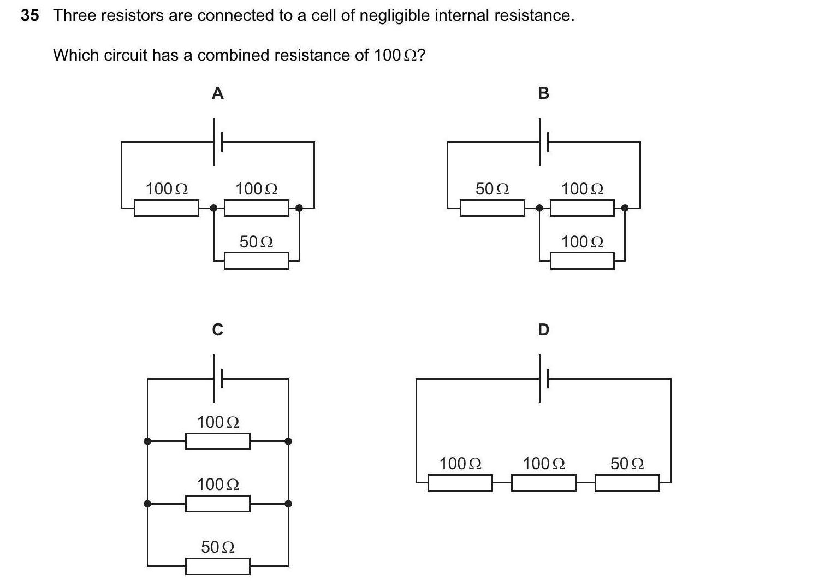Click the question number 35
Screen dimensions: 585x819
[30, 15]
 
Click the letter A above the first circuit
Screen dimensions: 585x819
[217, 93]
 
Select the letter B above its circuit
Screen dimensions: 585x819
[543, 93]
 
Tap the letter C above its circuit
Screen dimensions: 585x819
[217, 330]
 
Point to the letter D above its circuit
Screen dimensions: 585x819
[543, 330]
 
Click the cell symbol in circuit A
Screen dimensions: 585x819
[217, 143]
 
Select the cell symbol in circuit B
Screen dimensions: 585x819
[543, 143]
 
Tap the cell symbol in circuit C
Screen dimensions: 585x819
[217, 379]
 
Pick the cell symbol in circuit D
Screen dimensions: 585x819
[543, 379]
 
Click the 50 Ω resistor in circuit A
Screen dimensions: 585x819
[256, 261]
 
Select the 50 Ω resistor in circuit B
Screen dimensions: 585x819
[492, 208]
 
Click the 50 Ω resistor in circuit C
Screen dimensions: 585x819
[217, 566]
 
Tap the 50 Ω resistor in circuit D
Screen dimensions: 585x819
[627, 483]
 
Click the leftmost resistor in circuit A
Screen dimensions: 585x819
[166, 208]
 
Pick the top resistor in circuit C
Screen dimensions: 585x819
[217, 441]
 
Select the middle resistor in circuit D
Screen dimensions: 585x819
[543, 483]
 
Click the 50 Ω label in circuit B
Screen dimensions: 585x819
[492, 189]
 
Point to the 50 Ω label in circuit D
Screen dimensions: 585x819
[627, 464]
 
